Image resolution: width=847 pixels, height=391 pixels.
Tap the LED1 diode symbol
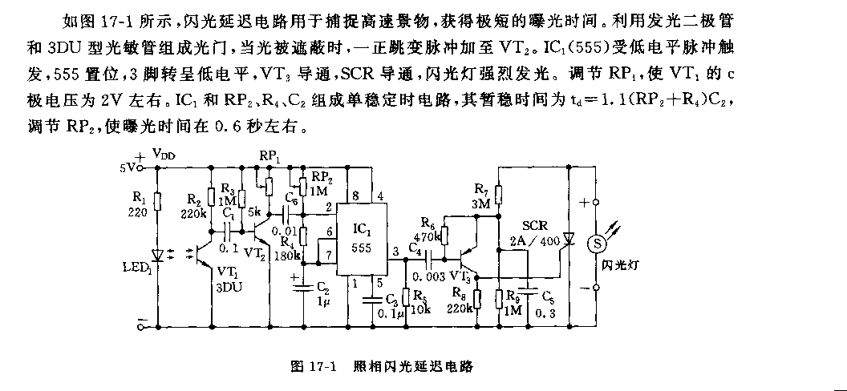pyautogui.click(x=157, y=255)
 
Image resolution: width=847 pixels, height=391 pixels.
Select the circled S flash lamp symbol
pyautogui.click(x=595, y=243)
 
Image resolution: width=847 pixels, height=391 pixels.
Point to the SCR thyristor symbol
pyautogui.click(x=569, y=237)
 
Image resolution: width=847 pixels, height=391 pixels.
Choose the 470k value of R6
pyautogui.click(x=428, y=236)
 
